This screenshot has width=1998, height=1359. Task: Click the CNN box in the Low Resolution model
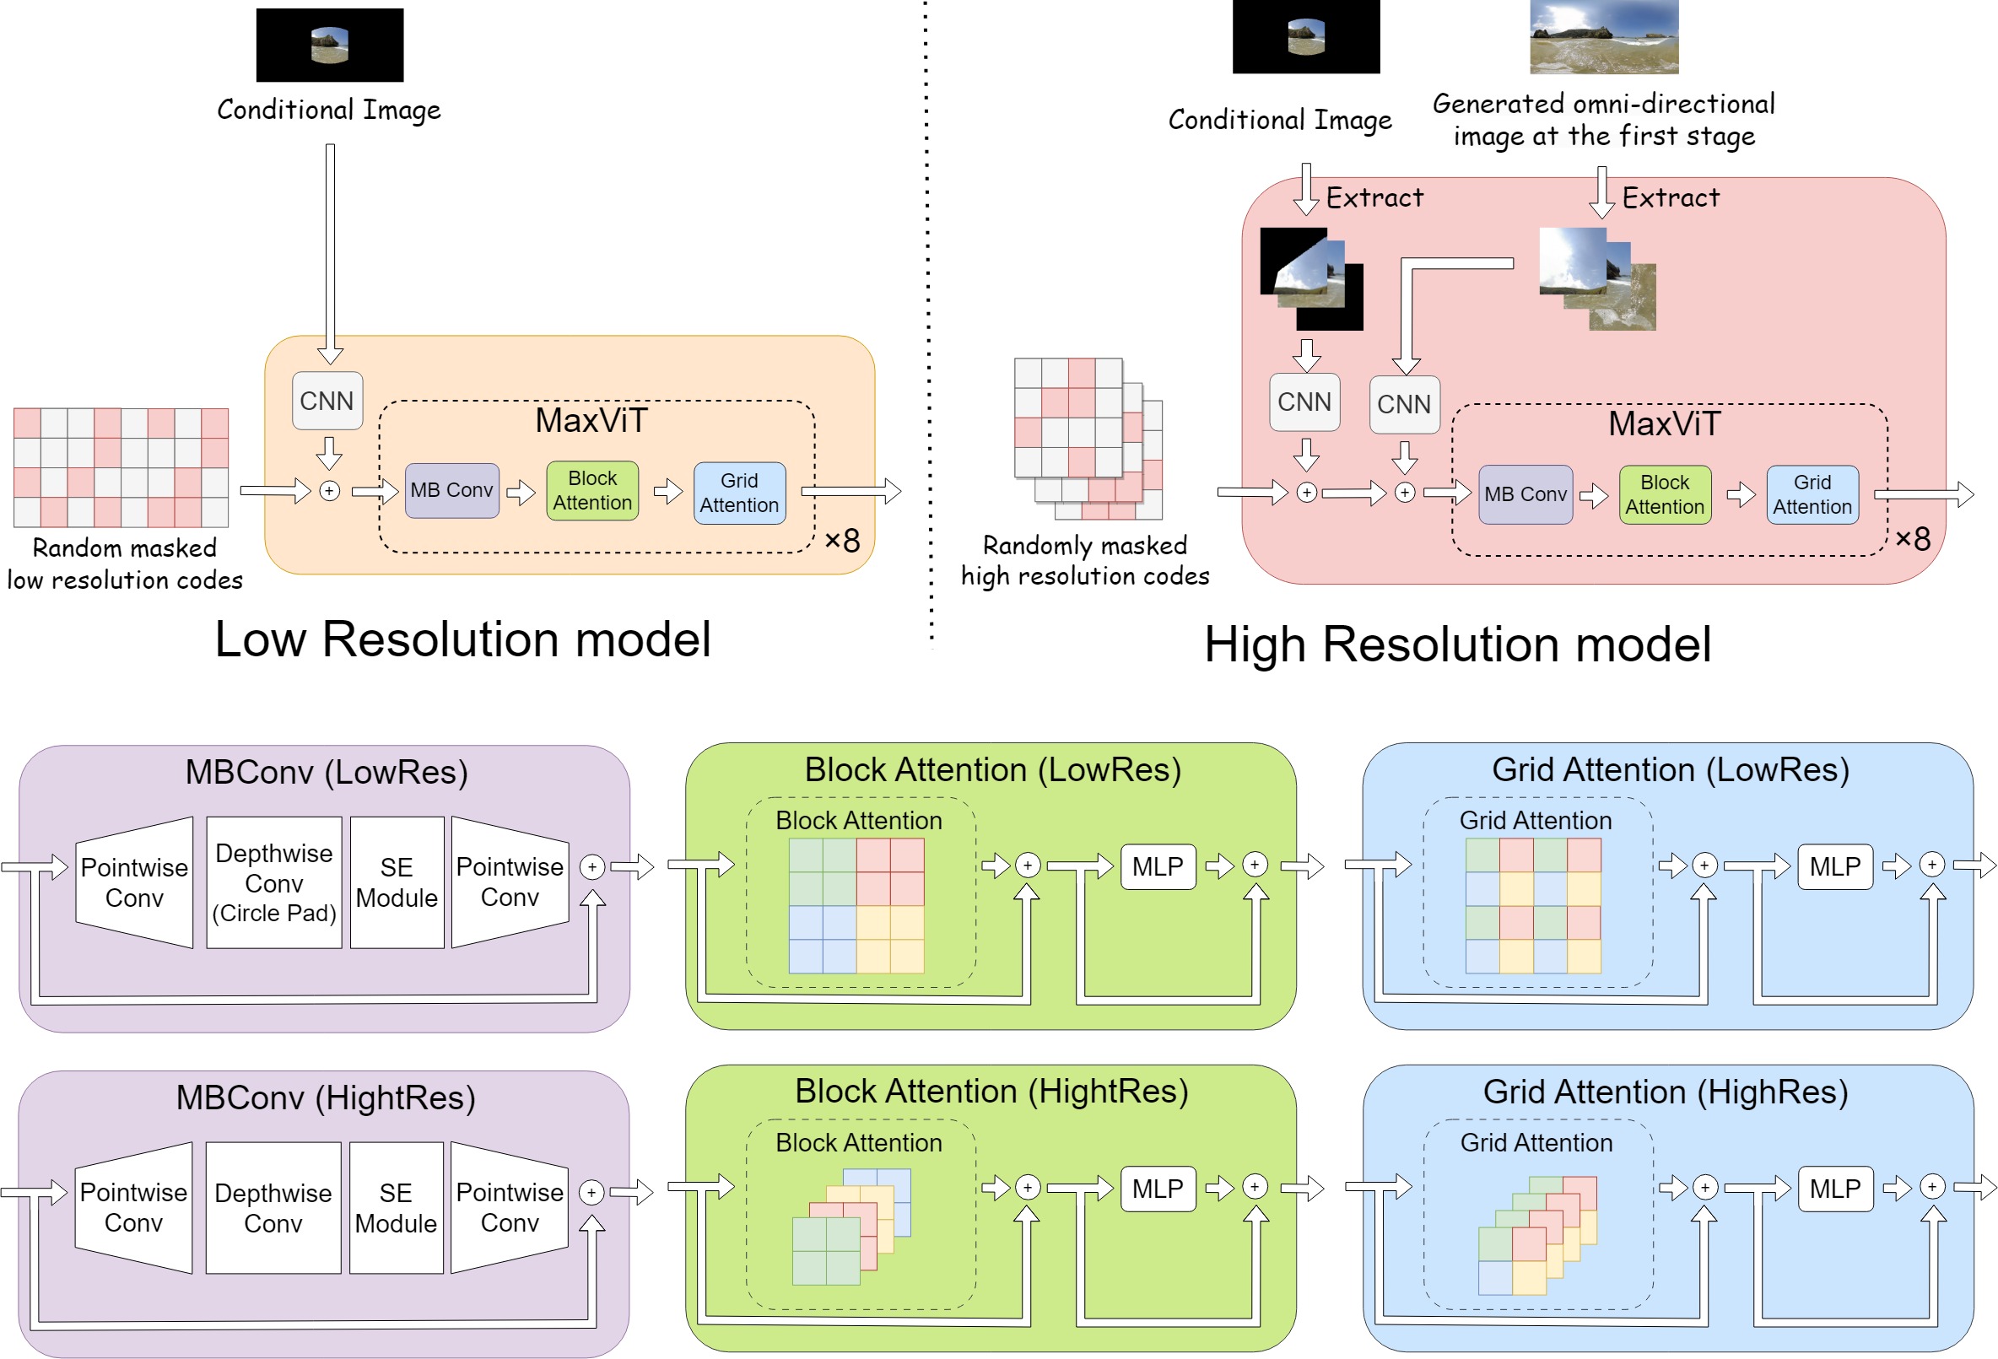coord(327,401)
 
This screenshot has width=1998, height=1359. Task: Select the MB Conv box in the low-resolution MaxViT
coord(451,490)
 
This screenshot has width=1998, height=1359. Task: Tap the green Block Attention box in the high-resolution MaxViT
coord(1665,494)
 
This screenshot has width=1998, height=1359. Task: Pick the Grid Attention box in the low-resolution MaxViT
coord(739,493)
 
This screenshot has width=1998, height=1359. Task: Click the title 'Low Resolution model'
coord(462,639)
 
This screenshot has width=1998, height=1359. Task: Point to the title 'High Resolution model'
coord(1457,644)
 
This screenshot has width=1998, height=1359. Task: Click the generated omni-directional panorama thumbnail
coord(1603,36)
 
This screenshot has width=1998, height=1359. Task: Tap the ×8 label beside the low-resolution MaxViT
coord(843,541)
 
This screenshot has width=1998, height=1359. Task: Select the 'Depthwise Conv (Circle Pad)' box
coord(274,882)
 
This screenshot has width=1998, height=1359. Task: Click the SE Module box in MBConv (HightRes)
coord(396,1208)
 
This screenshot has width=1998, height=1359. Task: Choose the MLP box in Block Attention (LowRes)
coord(1157,866)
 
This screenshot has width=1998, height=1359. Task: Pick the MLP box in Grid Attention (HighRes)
coord(1834,1189)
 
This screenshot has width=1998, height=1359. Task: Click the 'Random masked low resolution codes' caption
coord(125,564)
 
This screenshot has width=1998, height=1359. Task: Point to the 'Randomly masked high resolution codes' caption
coord(1085,560)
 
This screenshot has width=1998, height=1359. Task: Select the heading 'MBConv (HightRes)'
coord(325,1097)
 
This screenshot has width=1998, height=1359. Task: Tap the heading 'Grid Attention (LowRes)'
coord(1670,769)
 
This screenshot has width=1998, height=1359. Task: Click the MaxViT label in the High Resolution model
coord(1664,423)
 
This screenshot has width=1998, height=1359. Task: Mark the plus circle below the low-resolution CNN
coord(329,491)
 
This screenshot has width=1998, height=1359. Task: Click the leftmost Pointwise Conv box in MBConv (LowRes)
coord(134,882)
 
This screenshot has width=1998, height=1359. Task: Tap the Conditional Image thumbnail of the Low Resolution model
coord(329,45)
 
